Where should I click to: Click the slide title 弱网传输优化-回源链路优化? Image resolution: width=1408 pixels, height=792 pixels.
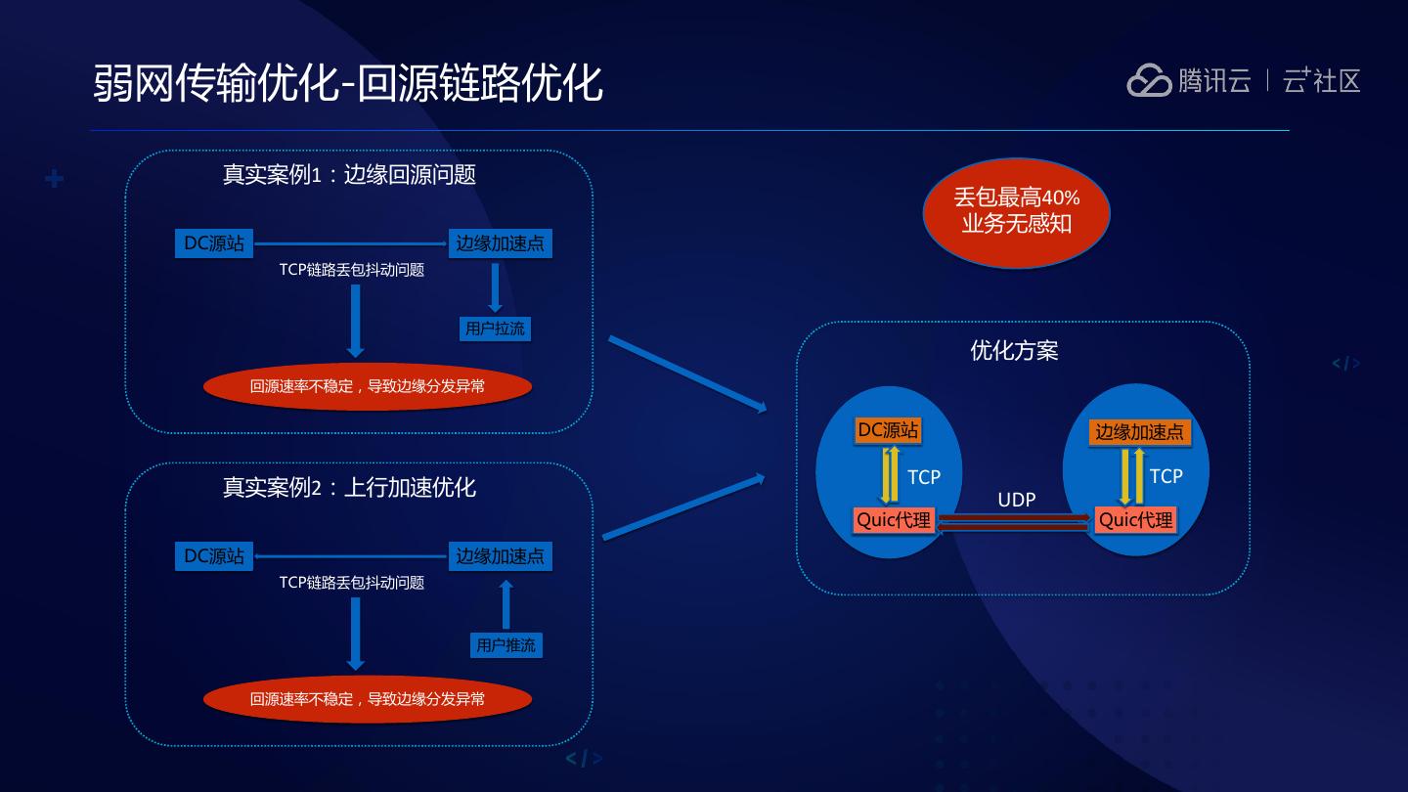347,83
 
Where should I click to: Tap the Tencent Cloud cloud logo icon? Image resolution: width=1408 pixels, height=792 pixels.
1148,81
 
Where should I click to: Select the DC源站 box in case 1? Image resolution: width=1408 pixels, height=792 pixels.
214,243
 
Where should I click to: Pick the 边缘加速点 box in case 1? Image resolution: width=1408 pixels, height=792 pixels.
500,243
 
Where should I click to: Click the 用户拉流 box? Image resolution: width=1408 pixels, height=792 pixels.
495,329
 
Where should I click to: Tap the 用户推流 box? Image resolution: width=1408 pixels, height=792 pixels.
506,645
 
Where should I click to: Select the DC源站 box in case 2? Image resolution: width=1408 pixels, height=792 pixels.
214,556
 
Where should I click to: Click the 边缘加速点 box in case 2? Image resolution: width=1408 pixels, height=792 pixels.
500,556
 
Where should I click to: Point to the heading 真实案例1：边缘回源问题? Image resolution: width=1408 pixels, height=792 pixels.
349,175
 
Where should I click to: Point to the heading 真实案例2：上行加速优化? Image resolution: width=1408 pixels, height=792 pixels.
349,488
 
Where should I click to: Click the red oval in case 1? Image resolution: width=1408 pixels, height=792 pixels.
367,386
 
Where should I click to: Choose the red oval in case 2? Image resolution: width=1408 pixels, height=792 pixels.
367,699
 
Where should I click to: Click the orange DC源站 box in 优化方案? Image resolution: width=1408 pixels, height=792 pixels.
888,430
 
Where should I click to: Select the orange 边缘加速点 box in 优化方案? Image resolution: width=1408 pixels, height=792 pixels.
1139,432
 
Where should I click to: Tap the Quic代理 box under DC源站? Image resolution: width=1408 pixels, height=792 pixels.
894,520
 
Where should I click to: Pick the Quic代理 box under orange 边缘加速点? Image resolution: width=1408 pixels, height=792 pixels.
1135,520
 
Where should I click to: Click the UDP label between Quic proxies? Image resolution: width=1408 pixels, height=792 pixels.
1016,501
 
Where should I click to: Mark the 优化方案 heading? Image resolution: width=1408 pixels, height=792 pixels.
1014,351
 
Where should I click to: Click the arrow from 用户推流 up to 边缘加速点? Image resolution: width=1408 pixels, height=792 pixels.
506,604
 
